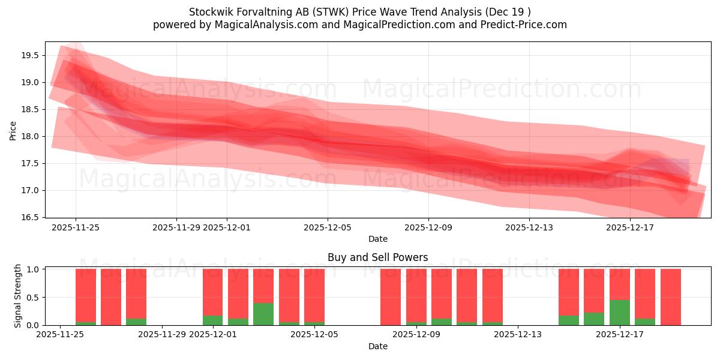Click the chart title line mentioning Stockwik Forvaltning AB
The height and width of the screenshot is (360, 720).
click(x=359, y=12)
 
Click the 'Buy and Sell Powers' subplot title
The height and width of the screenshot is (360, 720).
click(x=377, y=257)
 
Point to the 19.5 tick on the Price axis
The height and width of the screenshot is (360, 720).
click(x=30, y=55)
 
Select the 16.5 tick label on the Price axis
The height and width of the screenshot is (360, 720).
click(x=30, y=217)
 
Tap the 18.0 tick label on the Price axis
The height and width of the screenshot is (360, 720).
click(x=30, y=136)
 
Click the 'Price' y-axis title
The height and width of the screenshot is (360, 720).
click(x=13, y=130)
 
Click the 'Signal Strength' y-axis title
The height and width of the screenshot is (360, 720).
click(x=18, y=296)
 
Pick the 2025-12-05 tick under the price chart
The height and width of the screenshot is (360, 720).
click(x=327, y=227)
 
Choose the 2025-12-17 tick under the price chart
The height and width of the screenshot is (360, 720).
click(x=629, y=227)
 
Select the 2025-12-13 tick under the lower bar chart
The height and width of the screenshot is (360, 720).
click(x=517, y=335)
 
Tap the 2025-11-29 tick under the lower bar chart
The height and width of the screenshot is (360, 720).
click(x=162, y=335)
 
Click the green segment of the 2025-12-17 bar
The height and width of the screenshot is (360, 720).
click(x=619, y=313)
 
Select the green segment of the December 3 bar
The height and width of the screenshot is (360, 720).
click(x=263, y=314)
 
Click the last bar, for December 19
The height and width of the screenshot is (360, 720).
click(x=670, y=297)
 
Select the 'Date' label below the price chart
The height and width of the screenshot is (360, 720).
click(x=377, y=239)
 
